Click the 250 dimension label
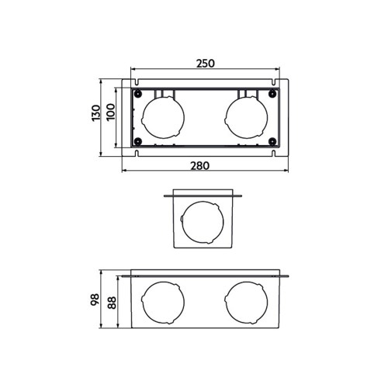pos(204,63)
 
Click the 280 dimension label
pos(204,165)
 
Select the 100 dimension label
pos(110,113)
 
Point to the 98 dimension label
pos(95,300)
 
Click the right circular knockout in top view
pos(246,119)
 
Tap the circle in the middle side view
pos(204,223)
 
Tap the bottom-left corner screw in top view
pos(137,141)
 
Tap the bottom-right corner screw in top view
pos(272,141)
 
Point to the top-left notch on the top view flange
pos(137,80)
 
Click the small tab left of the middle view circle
pos(181,222)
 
